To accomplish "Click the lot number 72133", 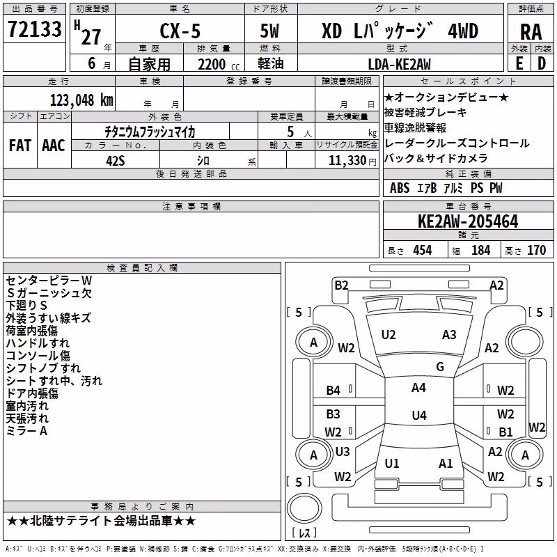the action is coord(34,29).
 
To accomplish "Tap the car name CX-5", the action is coord(180,31).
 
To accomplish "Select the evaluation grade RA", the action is coord(531,32).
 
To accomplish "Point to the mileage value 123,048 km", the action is coord(81,100).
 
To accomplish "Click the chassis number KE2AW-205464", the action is coord(468,221).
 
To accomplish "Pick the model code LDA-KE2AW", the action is coord(399,64).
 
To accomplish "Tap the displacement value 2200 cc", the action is coord(219,64).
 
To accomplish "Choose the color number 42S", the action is coord(116,161).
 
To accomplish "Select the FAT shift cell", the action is coord(20,146).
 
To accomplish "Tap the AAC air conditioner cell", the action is coord(54,146).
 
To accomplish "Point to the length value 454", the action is coord(423,250).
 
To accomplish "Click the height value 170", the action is coord(536,250).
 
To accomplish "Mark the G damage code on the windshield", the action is coord(440,366).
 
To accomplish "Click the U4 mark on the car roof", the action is coord(419,415).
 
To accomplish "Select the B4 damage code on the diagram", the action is coord(334,391).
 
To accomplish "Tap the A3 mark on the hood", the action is coord(449,335).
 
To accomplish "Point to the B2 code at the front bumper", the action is coord(341,285).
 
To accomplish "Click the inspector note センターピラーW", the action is coord(49,281).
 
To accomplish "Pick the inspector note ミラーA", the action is coord(26,431).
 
